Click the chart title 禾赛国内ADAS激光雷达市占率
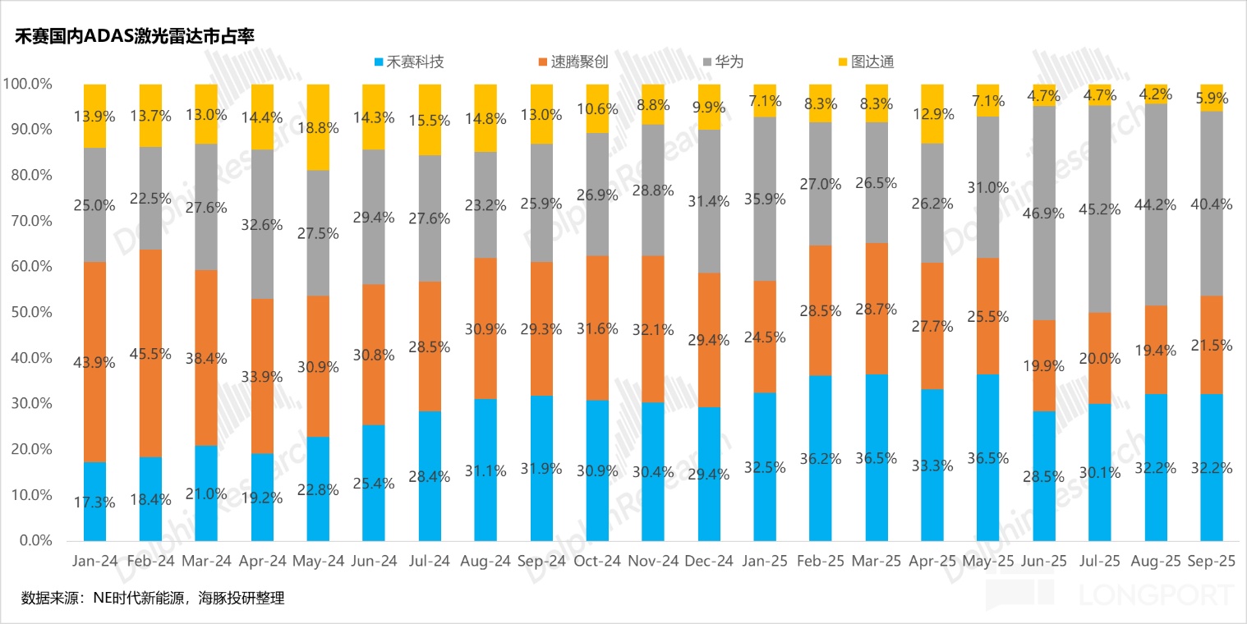135,36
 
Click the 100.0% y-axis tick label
28,84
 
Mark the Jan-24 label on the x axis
94,562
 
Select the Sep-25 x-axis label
1211,562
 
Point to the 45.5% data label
150,353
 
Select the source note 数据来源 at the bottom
153,598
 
